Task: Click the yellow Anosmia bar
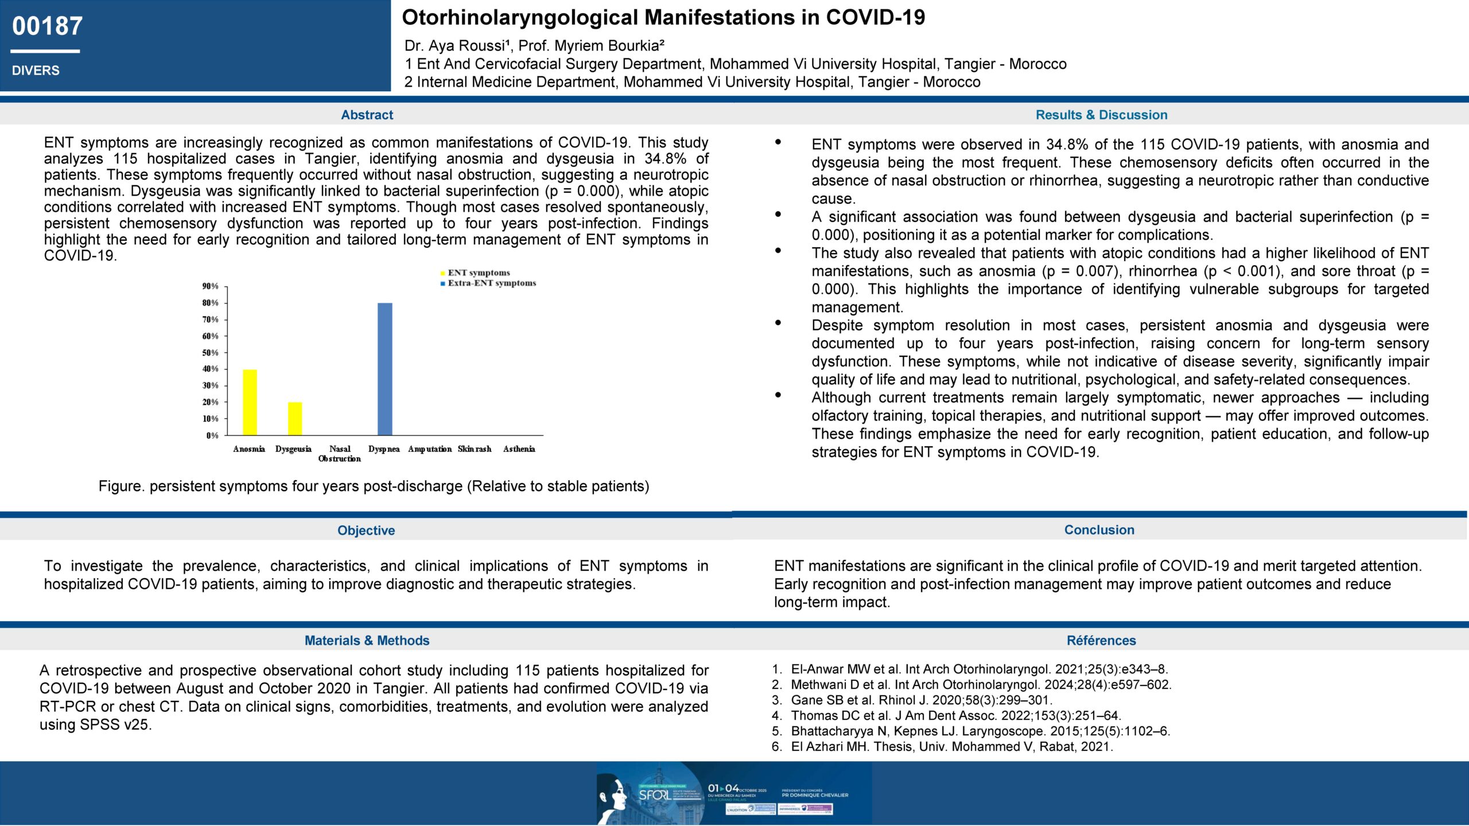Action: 250,402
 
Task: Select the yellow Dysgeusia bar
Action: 295,419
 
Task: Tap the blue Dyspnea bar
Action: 384,369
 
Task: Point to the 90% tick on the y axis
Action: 211,286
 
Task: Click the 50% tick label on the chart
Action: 211,353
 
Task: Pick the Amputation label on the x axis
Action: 430,449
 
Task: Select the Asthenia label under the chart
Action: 519,449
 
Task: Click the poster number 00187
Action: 48,26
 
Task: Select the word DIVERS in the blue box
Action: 36,71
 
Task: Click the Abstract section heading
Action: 367,115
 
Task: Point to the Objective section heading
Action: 366,531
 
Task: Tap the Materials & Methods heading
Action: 367,641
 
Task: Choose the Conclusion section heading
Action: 1099,530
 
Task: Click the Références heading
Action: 1101,641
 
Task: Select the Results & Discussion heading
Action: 1101,115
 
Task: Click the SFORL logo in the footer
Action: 655,795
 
